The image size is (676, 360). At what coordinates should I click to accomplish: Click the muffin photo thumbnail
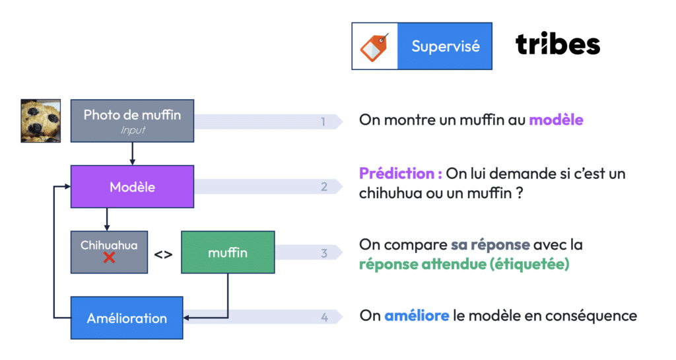40,121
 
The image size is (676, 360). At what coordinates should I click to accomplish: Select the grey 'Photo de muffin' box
132,121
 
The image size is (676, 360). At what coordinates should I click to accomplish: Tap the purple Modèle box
132,187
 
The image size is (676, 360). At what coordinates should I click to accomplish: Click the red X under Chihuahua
109,258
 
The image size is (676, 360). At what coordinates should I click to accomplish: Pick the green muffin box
228,252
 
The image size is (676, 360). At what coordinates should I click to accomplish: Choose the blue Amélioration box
127,318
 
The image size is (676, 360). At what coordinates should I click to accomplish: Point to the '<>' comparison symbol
164,254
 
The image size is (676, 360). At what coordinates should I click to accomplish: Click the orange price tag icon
374,47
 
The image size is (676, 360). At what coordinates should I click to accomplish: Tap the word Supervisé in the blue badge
446,46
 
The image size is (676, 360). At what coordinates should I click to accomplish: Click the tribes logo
557,44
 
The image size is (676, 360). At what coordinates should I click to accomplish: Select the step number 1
323,122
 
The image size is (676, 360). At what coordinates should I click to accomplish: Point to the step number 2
324,187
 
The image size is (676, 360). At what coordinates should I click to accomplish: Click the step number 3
324,253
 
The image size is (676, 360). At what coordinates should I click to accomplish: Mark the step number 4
324,318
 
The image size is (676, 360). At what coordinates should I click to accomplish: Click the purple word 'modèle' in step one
556,120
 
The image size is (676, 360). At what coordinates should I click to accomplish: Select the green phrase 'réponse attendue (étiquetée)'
464,264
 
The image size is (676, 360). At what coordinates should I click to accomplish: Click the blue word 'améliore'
417,316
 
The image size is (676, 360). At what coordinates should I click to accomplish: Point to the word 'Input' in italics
133,130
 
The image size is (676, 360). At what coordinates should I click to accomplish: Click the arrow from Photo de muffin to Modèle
132,153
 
